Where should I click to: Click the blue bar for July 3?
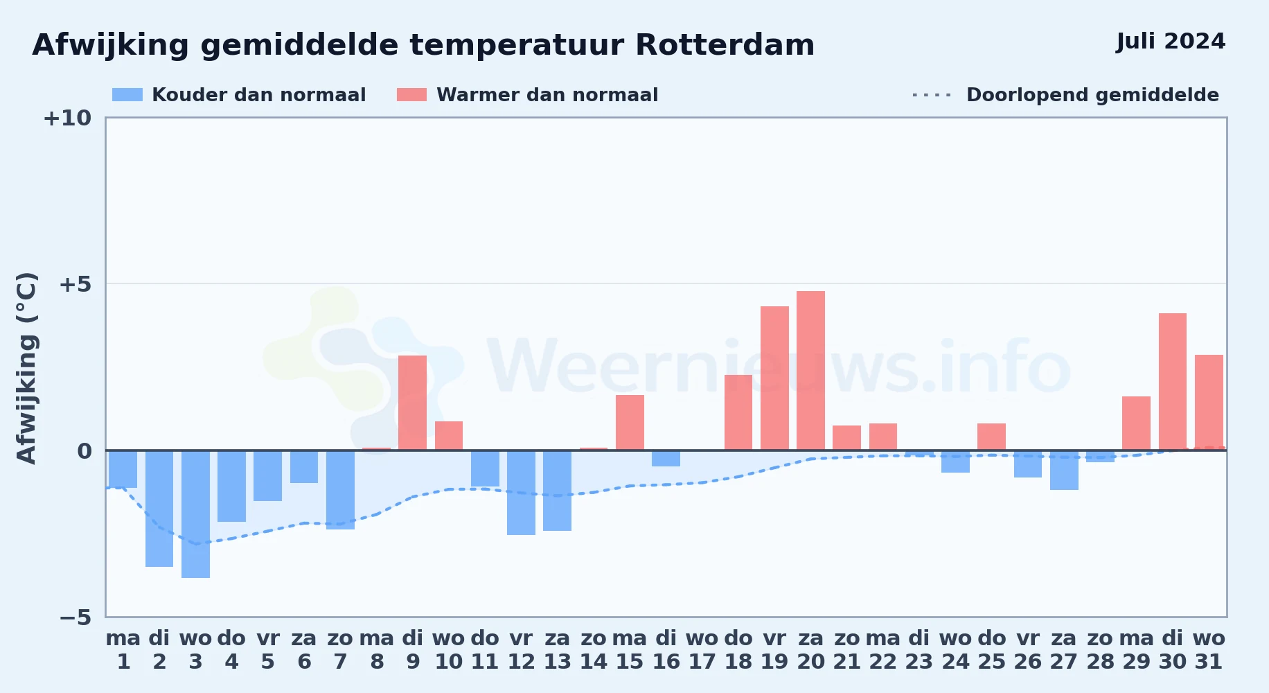195,514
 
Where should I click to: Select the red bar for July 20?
810,371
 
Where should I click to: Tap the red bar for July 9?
412,403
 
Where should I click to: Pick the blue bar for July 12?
521,493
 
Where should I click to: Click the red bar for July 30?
1173,382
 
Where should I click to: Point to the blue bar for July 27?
1064,471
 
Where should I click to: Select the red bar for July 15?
630,423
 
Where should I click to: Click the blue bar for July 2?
159,509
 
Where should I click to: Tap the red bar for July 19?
774,378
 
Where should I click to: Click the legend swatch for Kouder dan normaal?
127,95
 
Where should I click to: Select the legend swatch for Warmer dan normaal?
411,95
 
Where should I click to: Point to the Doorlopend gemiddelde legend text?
1092,95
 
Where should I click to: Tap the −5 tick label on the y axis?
76,617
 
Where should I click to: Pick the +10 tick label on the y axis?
67,118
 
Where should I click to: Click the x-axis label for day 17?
702,650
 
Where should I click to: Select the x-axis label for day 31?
1209,650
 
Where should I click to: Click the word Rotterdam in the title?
725,45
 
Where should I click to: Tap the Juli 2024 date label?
1171,42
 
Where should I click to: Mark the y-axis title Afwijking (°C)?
26,368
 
